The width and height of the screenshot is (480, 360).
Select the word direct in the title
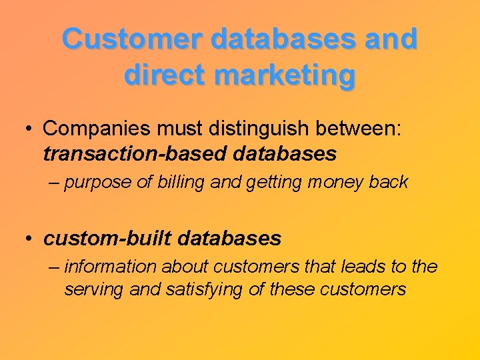pos(163,75)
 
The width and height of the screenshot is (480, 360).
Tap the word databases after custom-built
pos(230,237)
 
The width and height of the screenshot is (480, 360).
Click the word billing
pos(181,183)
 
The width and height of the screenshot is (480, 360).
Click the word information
pos(109,267)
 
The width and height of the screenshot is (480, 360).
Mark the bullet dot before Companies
pos(31,128)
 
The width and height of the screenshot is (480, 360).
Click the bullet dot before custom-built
pos(31,238)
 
